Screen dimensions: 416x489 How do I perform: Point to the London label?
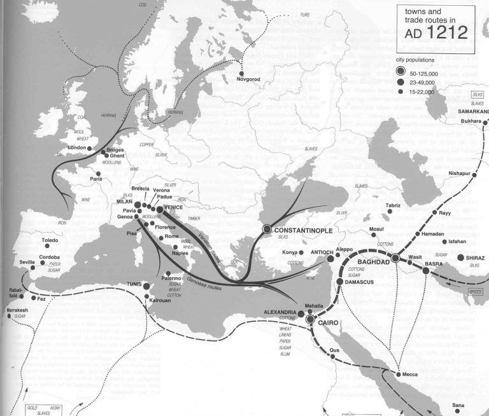[76, 148]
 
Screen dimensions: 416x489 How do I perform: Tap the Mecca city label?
[409, 374]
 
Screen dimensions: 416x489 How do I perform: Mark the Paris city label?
[96, 179]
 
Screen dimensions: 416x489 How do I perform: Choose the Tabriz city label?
[393, 205]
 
